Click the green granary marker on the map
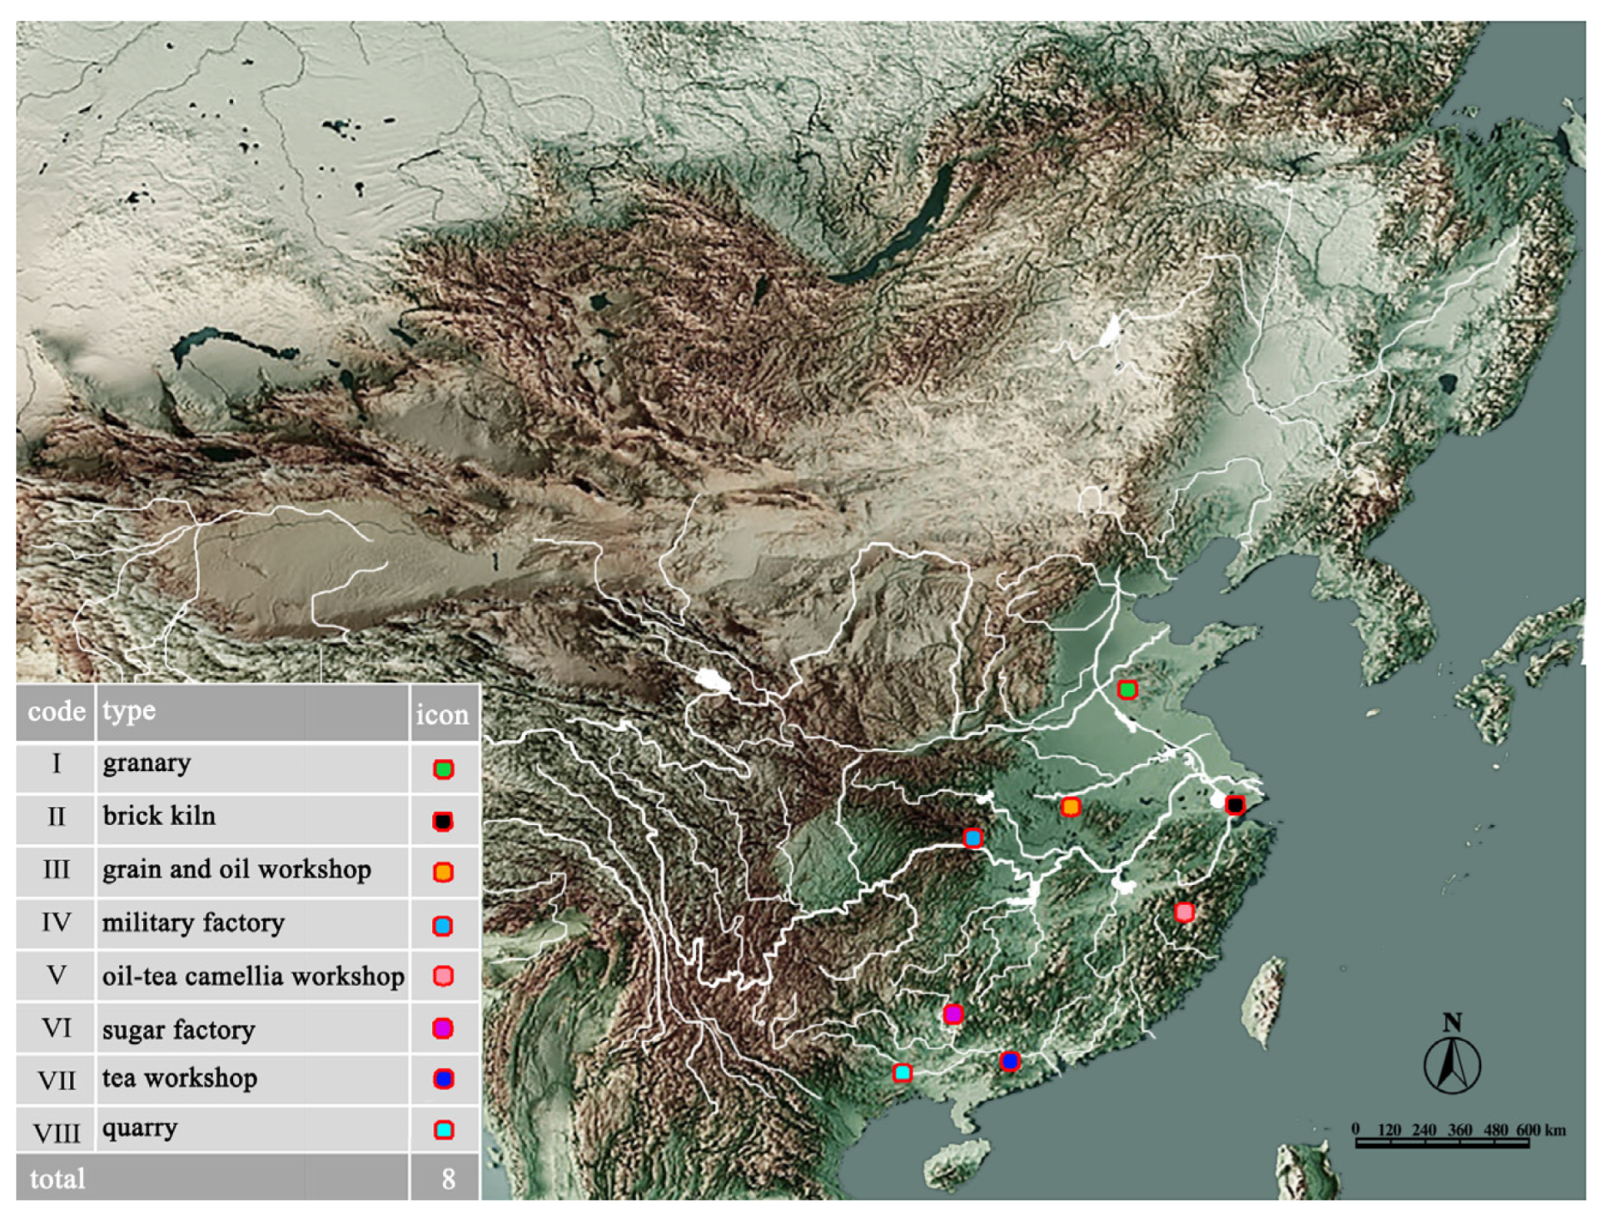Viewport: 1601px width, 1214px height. coord(1126,689)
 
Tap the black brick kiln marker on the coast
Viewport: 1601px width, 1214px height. coord(1235,805)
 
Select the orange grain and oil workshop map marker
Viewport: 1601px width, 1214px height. coord(1071,806)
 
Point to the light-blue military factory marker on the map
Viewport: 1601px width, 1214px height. coord(972,838)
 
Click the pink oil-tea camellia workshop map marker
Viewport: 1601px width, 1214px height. coord(1184,913)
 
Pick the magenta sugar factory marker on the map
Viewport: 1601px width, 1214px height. coord(953,1014)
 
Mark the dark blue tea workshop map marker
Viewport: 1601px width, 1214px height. coord(1010,1061)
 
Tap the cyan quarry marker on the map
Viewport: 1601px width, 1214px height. coord(902,1072)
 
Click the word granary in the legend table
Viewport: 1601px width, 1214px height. coord(147,764)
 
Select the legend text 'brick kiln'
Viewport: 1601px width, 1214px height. coord(159,816)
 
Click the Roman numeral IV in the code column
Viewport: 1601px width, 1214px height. coord(56,923)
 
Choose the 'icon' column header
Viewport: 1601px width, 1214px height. coord(442,714)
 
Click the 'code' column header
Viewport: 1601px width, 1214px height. coord(56,712)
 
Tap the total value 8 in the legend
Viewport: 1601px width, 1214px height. coord(448,1179)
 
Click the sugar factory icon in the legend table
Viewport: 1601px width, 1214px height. coord(443,1028)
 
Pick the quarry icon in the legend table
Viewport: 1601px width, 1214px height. coord(444,1130)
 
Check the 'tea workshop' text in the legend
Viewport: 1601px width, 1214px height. coord(180,1078)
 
